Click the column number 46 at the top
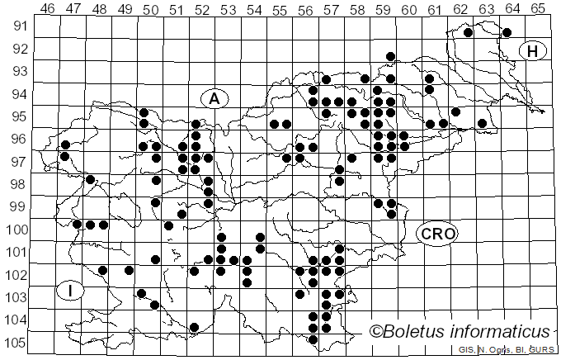click(47, 8)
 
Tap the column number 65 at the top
click(537, 8)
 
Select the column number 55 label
click(279, 8)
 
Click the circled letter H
click(534, 52)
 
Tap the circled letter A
click(214, 98)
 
